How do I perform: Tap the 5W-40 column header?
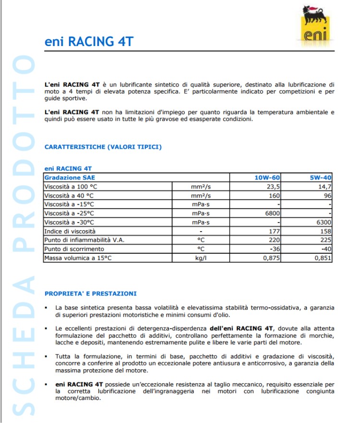321,177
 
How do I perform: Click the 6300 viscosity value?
324,223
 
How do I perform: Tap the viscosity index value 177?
274,231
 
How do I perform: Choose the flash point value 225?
326,240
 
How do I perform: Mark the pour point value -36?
274,249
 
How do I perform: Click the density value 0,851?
323,258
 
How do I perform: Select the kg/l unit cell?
201,258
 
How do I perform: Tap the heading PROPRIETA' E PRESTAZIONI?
90,294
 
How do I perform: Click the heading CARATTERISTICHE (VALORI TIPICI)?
103,147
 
